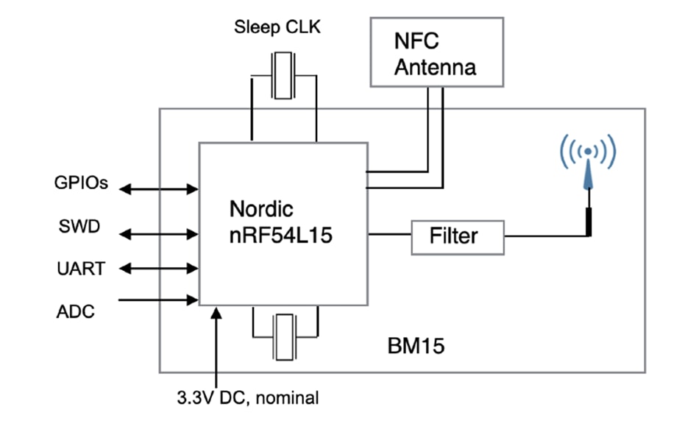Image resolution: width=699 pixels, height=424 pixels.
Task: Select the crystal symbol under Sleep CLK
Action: [x=284, y=76]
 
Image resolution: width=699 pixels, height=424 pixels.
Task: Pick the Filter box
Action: [x=458, y=236]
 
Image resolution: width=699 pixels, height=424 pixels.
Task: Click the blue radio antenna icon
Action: [x=587, y=169]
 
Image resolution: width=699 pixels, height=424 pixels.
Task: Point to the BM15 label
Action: [x=416, y=346]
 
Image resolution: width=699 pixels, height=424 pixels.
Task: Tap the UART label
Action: [x=82, y=269]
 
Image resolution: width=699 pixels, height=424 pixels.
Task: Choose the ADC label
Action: [x=75, y=311]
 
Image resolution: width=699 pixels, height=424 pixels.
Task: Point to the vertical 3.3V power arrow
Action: [x=215, y=346]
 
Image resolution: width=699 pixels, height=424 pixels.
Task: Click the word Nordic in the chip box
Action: [x=260, y=208]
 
